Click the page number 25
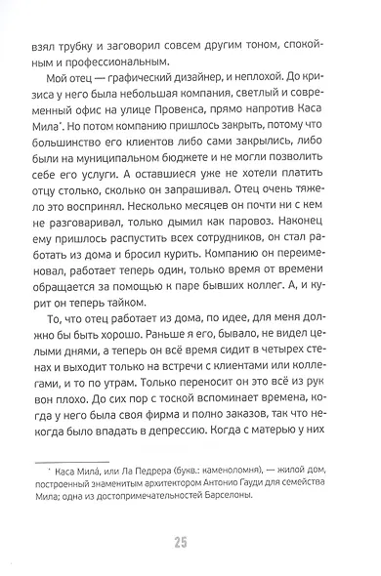(190, 542)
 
